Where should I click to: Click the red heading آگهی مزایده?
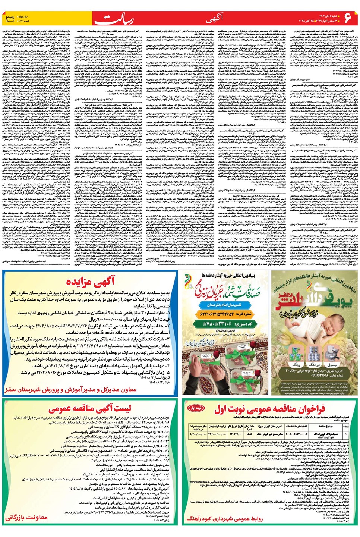88,282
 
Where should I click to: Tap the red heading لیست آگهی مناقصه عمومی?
90,409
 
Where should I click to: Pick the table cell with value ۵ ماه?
249,434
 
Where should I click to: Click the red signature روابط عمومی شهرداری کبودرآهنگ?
225,519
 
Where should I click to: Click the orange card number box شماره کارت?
225,314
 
